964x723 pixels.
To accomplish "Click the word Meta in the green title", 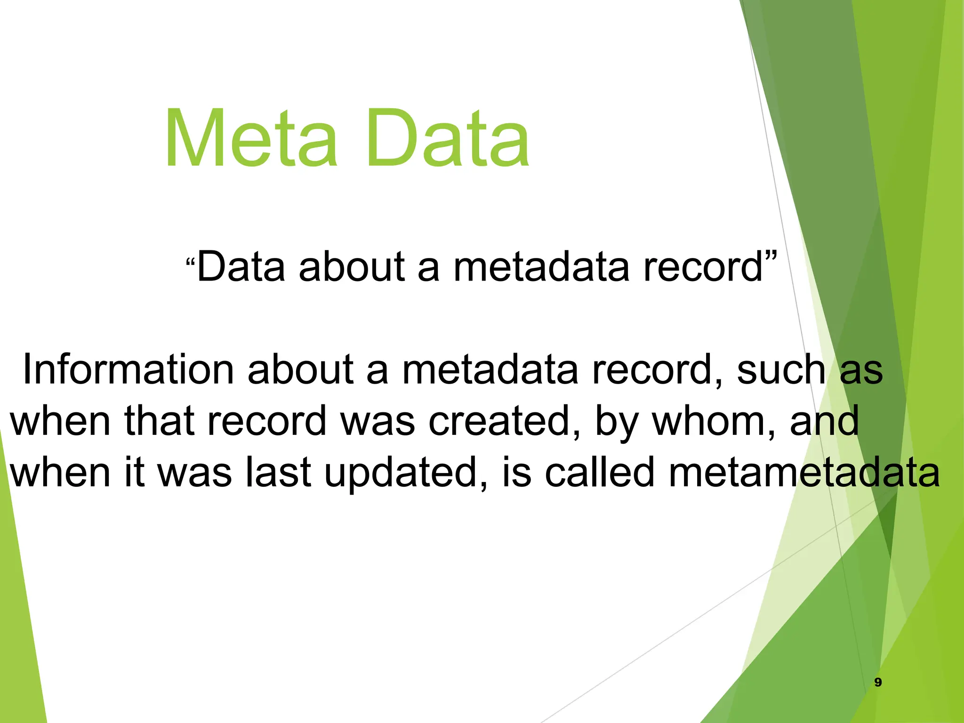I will click(x=251, y=139).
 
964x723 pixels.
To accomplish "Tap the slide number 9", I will click(x=878, y=682).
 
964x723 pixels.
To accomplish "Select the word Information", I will click(x=128, y=370).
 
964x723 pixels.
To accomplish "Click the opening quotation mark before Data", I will click(x=190, y=261).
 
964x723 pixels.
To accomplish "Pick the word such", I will click(x=781, y=370).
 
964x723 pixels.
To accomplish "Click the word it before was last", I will click(x=134, y=472).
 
